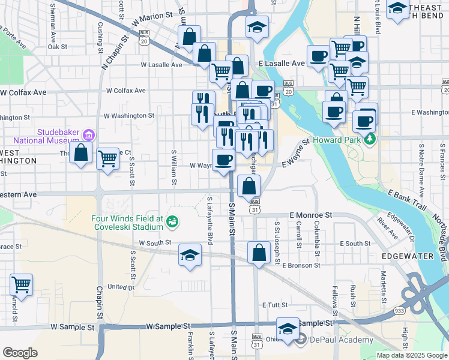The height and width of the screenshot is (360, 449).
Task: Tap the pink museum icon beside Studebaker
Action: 89,134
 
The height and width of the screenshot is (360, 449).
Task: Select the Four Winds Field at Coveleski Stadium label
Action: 127,223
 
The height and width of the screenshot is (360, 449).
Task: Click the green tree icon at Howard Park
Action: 370,140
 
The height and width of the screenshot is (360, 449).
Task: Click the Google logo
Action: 20,353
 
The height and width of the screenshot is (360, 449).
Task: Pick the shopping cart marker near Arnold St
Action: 22,284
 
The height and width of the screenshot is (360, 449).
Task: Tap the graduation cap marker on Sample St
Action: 288,329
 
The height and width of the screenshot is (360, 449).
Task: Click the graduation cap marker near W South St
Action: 190,255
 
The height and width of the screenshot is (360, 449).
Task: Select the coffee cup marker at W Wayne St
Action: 224,160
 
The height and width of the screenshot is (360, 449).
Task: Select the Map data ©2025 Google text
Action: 412,355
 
